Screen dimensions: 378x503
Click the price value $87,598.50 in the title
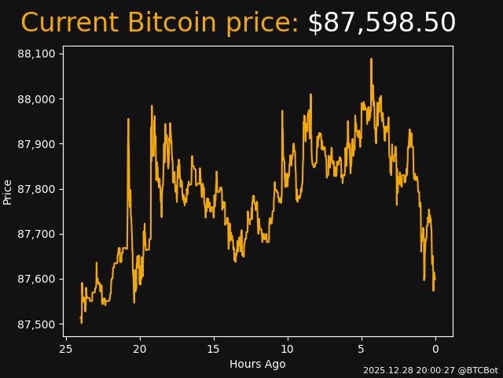point(381,23)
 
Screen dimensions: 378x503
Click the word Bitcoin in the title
point(171,23)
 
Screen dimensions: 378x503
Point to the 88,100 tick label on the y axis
point(36,54)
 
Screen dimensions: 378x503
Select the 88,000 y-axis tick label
point(36,99)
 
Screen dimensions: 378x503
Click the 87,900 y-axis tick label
point(36,144)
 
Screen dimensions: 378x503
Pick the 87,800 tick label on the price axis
point(36,189)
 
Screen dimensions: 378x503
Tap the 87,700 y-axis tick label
point(36,235)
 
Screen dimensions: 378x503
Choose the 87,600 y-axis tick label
point(36,280)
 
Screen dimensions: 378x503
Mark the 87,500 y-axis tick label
point(36,324)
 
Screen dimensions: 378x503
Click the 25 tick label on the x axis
point(66,349)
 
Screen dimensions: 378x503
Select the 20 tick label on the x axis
point(140,349)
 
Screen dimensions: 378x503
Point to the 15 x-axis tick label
point(214,349)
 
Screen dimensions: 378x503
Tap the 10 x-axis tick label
point(288,349)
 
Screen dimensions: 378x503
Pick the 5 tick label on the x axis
point(362,349)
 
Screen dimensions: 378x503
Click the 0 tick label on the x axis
point(435,349)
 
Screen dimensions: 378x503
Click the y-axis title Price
point(8,191)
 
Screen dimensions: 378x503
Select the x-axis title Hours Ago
point(258,364)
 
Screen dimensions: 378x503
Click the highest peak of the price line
point(371,59)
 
